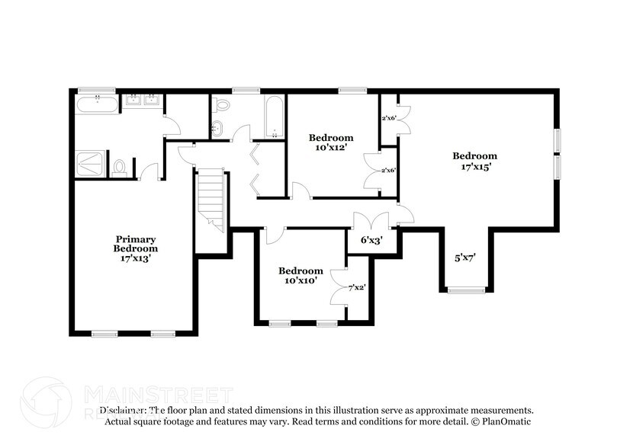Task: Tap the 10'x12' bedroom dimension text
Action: [x=331, y=148]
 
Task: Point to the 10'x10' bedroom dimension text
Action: [x=300, y=280]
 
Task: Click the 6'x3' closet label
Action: [x=371, y=240]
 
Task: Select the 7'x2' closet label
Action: [x=357, y=288]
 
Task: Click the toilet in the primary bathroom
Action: [x=120, y=167]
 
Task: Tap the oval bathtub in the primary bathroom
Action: [x=97, y=104]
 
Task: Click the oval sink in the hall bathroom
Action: [x=217, y=128]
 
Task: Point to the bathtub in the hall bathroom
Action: [x=274, y=116]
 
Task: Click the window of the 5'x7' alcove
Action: [x=466, y=290]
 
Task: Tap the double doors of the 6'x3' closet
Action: [x=371, y=221]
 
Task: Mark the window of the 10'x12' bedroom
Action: [x=352, y=91]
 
